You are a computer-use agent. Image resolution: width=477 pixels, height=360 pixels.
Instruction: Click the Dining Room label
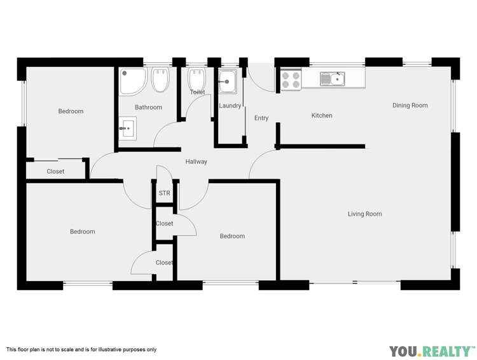click(410, 106)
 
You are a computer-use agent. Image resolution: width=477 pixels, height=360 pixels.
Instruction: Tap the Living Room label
click(364, 214)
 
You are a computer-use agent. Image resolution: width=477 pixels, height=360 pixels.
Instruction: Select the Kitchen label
click(322, 115)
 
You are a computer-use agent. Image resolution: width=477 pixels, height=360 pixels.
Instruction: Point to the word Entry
click(261, 118)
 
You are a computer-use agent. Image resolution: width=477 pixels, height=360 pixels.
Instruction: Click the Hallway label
click(197, 162)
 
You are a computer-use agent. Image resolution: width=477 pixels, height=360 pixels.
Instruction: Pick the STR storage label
click(164, 193)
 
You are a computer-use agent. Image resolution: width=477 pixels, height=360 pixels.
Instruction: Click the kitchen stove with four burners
click(291, 80)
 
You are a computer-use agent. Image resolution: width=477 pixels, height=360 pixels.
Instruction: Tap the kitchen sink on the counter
click(332, 79)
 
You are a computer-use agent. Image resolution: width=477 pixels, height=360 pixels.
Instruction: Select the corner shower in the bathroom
click(133, 81)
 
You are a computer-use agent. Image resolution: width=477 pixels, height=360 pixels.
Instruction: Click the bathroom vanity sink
click(127, 128)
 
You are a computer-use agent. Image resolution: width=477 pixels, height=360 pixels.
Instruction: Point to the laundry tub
click(228, 81)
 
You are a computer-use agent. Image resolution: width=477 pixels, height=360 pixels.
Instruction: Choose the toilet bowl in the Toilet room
click(197, 78)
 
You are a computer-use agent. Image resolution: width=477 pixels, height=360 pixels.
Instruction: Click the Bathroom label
click(148, 107)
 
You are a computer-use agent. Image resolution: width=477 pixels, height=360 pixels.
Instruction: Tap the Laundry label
click(230, 106)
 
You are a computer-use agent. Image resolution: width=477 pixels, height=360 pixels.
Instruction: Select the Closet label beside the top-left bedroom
click(55, 171)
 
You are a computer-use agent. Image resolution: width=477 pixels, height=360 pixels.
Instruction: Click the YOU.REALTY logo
click(432, 351)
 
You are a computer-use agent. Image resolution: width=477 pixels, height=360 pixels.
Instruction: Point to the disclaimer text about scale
click(81, 350)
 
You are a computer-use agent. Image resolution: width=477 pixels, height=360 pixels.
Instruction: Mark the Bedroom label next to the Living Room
click(232, 236)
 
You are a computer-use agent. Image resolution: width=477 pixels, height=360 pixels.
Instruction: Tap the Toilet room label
click(197, 92)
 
